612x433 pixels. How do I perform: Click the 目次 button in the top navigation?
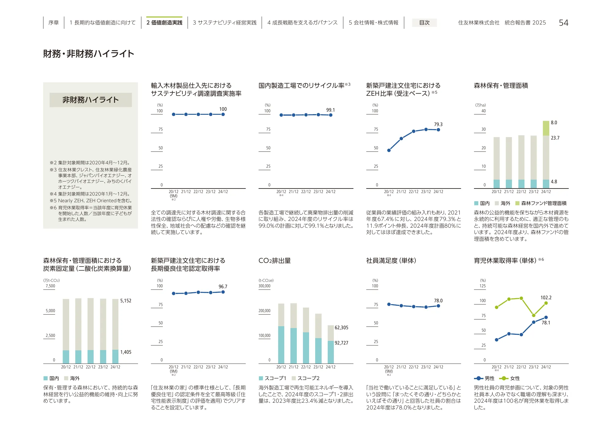point(424,23)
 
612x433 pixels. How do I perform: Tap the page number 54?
point(563,23)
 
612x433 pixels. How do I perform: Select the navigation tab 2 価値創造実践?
point(164,23)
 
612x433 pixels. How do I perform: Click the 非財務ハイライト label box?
point(91,100)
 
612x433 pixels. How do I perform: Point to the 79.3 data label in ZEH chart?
point(438,124)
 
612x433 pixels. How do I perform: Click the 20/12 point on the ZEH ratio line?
point(389,150)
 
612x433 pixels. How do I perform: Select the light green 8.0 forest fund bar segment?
point(546,128)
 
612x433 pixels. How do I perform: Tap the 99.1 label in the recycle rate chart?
point(330,110)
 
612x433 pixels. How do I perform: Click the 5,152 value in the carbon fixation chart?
point(126,300)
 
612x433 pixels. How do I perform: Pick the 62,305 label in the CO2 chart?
point(341,327)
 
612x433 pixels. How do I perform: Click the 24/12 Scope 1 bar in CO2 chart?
point(331,352)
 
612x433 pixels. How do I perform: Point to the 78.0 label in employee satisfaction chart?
point(438,300)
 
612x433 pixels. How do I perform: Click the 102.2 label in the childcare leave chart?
point(546,297)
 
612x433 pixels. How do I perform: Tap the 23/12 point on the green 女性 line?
point(534,315)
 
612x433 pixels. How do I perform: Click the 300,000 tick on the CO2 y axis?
point(264,286)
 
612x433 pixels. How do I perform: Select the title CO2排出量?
point(274,260)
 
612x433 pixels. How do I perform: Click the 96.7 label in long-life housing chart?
point(223,286)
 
